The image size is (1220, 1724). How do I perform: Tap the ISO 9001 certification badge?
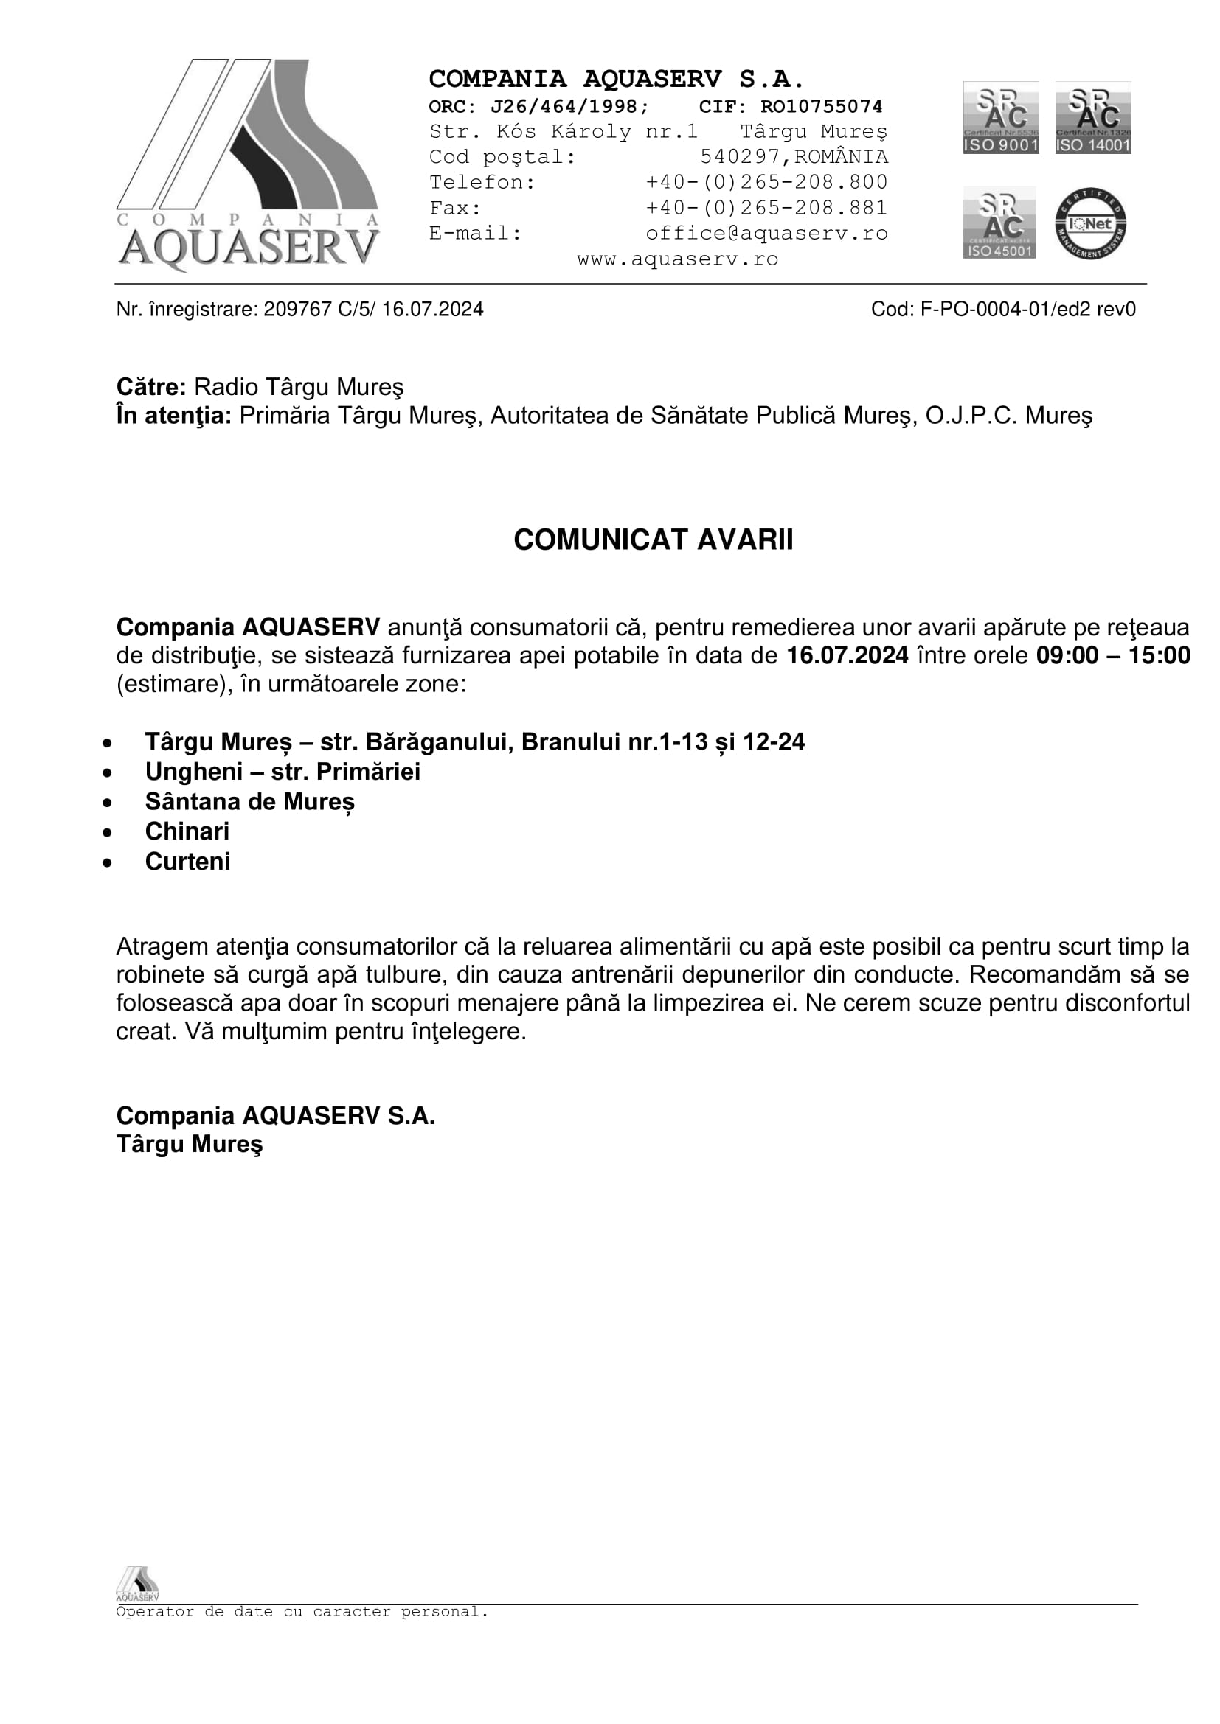[x=1001, y=118]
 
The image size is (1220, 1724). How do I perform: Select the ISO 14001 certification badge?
[x=1093, y=118]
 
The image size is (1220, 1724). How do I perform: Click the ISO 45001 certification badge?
[x=999, y=223]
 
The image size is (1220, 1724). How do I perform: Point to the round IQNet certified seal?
[x=1090, y=224]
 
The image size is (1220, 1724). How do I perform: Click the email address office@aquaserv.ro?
[x=766, y=234]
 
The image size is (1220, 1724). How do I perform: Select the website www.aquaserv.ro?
[x=678, y=259]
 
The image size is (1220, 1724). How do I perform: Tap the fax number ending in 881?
[x=766, y=208]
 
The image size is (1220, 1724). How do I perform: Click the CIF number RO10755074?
[x=821, y=107]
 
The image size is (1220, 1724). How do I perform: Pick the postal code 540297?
[x=740, y=157]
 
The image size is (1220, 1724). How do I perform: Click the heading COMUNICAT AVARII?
[x=653, y=540]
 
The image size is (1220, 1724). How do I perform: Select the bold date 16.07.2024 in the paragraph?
[x=848, y=655]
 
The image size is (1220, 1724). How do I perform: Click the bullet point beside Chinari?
[x=108, y=833]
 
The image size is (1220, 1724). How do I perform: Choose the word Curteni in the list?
[x=188, y=861]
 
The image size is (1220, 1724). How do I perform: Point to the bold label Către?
[x=151, y=388]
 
